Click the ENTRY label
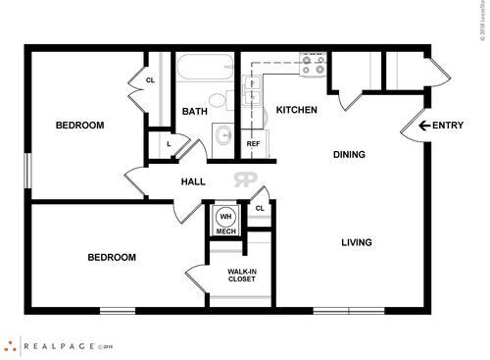click(x=448, y=125)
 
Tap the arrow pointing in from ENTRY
click(x=424, y=125)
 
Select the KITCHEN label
click(x=296, y=110)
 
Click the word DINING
click(x=349, y=154)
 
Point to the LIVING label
click(x=357, y=242)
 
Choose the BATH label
click(x=194, y=112)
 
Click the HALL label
click(x=193, y=181)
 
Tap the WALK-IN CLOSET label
click(x=241, y=275)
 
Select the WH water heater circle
click(x=225, y=217)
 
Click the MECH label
click(x=226, y=231)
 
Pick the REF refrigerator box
click(x=253, y=144)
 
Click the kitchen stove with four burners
click(x=315, y=65)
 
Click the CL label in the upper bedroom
click(x=151, y=80)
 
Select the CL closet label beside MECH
click(x=260, y=208)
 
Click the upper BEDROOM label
click(x=79, y=125)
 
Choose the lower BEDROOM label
click(x=112, y=257)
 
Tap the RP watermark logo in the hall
click(x=244, y=180)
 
